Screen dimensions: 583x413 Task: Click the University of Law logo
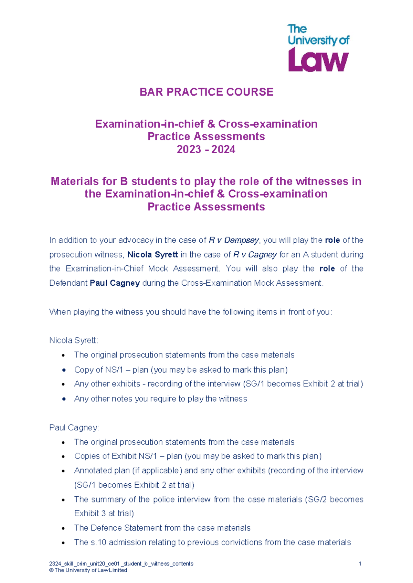[x=318, y=48]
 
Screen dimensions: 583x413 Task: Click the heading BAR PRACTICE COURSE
[x=206, y=92]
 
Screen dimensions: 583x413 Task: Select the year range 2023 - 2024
[x=206, y=150]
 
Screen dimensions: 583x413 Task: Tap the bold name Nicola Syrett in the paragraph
[x=152, y=255]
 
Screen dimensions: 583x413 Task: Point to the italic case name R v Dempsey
[x=234, y=240]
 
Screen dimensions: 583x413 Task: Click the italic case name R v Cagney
[x=255, y=255]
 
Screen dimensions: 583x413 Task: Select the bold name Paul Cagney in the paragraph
[x=115, y=283]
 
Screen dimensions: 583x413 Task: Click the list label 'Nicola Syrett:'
[x=74, y=341]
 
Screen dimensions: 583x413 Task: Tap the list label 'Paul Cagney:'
[x=74, y=428]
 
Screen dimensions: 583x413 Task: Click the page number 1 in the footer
[x=360, y=564]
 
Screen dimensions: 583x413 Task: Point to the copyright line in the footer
[x=88, y=570]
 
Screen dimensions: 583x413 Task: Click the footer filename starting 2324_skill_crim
[x=121, y=564]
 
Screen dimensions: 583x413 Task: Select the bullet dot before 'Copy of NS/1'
[x=64, y=370]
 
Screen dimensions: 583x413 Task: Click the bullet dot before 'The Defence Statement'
[x=64, y=528]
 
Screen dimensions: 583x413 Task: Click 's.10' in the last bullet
[x=98, y=542]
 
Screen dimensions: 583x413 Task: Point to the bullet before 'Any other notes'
[x=64, y=399]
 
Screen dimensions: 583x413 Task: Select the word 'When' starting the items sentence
[x=60, y=312]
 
